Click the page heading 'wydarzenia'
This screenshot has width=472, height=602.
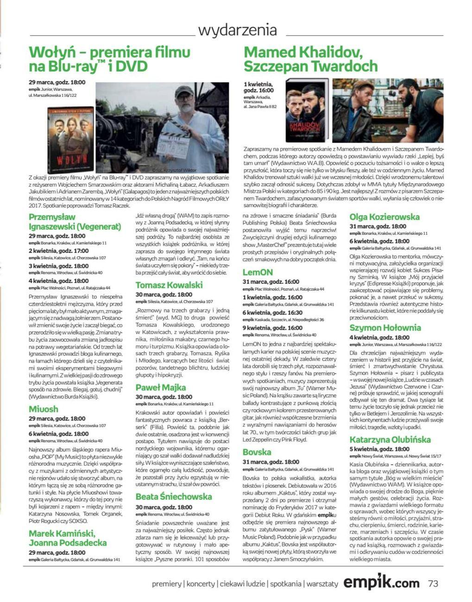pos(238,31)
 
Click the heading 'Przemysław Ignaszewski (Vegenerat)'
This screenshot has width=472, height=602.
pos(75,222)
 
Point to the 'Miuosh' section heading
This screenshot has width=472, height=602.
pos(44,409)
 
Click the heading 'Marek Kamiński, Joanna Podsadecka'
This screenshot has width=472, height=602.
pos(68,538)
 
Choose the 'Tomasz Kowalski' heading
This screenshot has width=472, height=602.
pos(169,285)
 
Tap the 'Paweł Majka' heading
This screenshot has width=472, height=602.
pos(161,387)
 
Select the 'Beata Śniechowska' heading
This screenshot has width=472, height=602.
pos(174,496)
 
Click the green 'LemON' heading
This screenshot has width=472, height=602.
pos(258,272)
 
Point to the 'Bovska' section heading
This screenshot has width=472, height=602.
pos(257,452)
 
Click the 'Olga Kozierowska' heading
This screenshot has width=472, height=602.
pos(384,217)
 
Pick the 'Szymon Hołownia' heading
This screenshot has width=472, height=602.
pos(385,328)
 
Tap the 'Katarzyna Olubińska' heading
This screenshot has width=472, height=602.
pos(390,439)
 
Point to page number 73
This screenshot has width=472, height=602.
pos(433,583)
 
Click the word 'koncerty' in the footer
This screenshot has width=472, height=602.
pos(201,583)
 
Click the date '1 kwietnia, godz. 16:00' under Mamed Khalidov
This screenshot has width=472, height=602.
pos(258,87)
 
